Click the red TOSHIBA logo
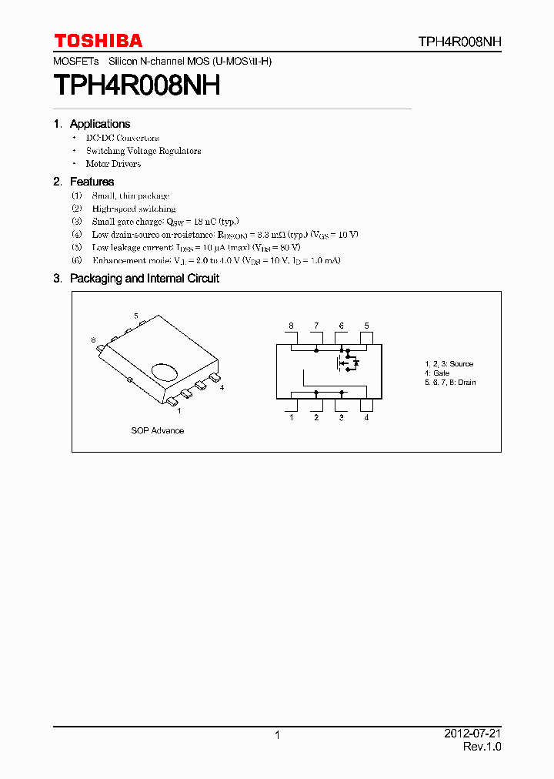[98, 41]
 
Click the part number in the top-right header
[460, 42]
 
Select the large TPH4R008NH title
[137, 85]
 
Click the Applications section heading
[99, 124]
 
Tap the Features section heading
[92, 182]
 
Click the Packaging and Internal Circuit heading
[144, 279]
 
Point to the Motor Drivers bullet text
[113, 164]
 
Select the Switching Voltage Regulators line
[143, 151]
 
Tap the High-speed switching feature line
[134, 209]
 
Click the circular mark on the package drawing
[165, 372]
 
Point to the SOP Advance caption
[157, 431]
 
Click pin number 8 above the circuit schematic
[291, 326]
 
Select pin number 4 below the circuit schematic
[366, 418]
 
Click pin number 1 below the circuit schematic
[291, 418]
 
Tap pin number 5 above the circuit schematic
[366, 326]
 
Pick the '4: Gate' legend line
[437, 373]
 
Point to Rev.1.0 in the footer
[482, 747]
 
